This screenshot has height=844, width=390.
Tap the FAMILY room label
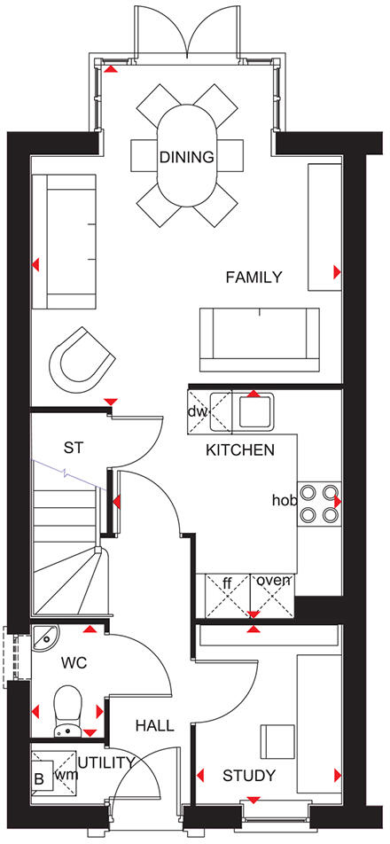click(253, 277)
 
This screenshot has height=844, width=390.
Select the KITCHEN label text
click(239, 450)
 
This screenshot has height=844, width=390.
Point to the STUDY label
click(248, 777)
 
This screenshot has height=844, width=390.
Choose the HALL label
click(154, 726)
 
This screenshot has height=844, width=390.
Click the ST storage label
click(74, 448)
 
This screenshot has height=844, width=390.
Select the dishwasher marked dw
click(197, 412)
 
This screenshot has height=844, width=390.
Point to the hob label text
click(284, 501)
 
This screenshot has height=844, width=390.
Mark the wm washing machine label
click(64, 775)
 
